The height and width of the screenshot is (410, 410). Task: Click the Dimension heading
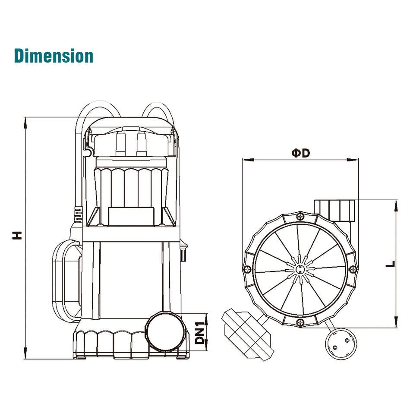54,56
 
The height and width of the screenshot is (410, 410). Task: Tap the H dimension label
17,235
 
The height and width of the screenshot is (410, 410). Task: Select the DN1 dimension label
200,333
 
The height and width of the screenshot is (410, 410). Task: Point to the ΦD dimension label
301,153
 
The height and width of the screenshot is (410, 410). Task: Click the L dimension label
391,264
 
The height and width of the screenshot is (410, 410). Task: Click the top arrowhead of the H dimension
25,123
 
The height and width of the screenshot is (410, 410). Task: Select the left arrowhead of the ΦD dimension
248,160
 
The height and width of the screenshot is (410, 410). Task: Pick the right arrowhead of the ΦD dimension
353,160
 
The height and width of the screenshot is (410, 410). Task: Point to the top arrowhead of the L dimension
396,206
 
